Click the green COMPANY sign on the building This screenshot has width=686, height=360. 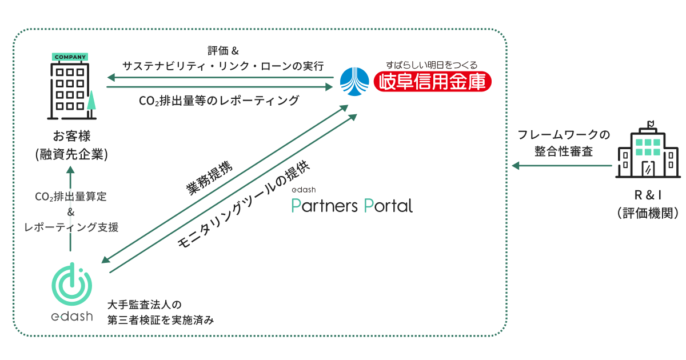pyautogui.click(x=71, y=57)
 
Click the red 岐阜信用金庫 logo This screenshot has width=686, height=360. pyautogui.click(x=432, y=82)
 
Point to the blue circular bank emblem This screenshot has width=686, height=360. pyautogui.click(x=355, y=82)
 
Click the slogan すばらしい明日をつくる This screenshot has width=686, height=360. pyautogui.click(x=432, y=65)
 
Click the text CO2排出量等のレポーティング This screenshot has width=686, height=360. pyautogui.click(x=219, y=101)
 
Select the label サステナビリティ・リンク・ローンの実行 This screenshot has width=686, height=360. pyautogui.click(x=224, y=65)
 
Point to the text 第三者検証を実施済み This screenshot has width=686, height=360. pyautogui.click(x=161, y=320)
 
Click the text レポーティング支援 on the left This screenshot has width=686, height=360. pyautogui.click(x=71, y=227)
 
